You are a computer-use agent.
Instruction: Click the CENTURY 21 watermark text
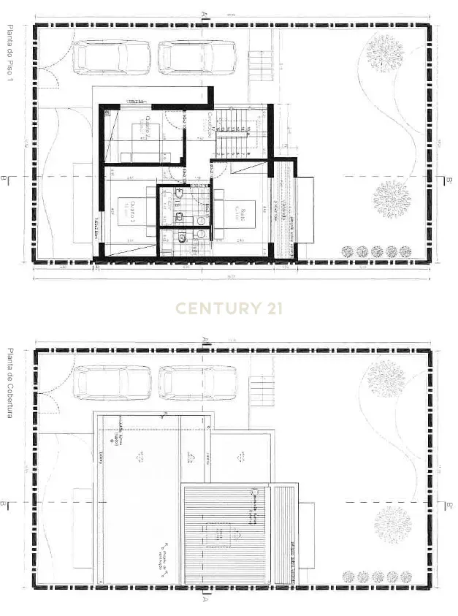pos(229,308)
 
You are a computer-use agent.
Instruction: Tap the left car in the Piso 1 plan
pos(113,57)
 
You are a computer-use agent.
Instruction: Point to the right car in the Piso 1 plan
pos(198,57)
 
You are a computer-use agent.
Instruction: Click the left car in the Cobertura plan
pos(113,382)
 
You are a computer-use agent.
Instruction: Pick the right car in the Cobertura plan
pos(198,382)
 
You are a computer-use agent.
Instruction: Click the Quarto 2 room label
pos(149,126)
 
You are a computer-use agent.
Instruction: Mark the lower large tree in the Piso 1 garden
pos(392,199)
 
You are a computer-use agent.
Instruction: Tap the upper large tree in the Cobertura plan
pos(385,379)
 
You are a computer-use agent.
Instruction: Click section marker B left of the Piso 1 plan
pos(5,178)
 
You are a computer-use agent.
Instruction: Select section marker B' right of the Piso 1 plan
pos(449,178)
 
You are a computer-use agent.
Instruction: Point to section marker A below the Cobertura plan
pos(205,600)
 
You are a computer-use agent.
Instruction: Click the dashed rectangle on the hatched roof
pos(221,536)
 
